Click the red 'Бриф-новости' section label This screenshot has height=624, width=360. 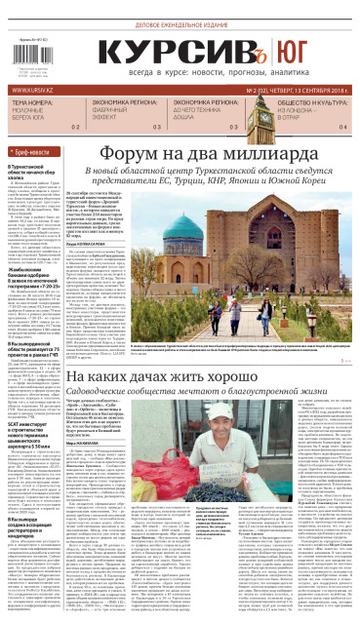click(37, 154)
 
